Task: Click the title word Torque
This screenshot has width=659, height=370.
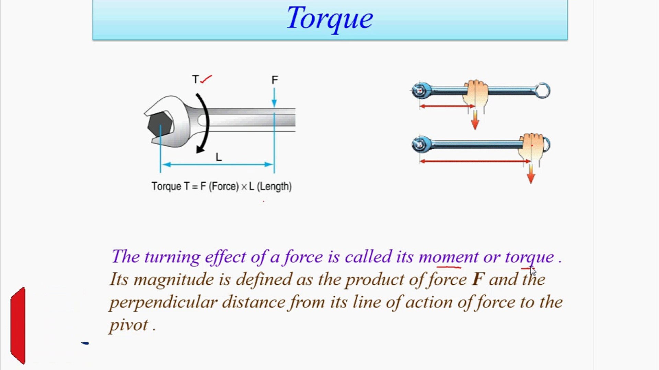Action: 329,18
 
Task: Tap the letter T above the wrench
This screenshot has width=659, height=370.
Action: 195,79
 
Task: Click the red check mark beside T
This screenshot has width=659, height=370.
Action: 206,79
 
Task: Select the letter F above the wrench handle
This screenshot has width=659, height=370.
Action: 275,80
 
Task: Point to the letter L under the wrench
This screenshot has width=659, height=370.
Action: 219,157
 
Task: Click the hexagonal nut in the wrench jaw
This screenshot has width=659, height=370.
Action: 159,125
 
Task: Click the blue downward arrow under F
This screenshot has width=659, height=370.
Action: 274,98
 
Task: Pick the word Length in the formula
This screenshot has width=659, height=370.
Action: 274,186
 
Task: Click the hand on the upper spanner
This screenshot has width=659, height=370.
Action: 475,93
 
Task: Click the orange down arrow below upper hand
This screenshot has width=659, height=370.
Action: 475,120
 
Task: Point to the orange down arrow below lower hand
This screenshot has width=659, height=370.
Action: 531,174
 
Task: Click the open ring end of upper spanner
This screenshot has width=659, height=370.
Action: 542,91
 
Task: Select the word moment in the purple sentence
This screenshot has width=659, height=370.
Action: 448,257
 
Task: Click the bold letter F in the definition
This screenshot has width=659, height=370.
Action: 478,279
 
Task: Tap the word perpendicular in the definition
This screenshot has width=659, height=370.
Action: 163,302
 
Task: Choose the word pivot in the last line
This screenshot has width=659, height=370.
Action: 129,325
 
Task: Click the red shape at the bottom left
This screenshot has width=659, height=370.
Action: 18,325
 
